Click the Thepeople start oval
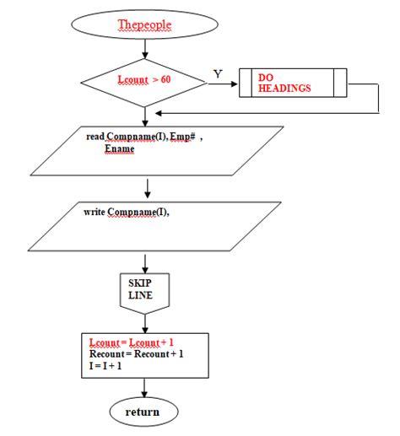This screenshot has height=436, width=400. pyautogui.click(x=146, y=24)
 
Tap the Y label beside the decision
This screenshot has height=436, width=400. pyautogui.click(x=218, y=74)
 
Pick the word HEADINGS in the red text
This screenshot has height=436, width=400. pyautogui.click(x=283, y=89)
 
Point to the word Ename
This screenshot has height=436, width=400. pyautogui.click(x=119, y=148)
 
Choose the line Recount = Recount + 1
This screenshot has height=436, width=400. pyautogui.click(x=136, y=354)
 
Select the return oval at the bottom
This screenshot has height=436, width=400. pyautogui.click(x=145, y=412)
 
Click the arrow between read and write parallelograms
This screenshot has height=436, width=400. pyautogui.click(x=147, y=186)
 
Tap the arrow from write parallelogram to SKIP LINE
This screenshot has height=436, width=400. pyautogui.click(x=146, y=259)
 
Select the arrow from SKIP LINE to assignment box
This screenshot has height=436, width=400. pyautogui.click(x=146, y=321)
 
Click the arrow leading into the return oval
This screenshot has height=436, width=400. pyautogui.click(x=146, y=387)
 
